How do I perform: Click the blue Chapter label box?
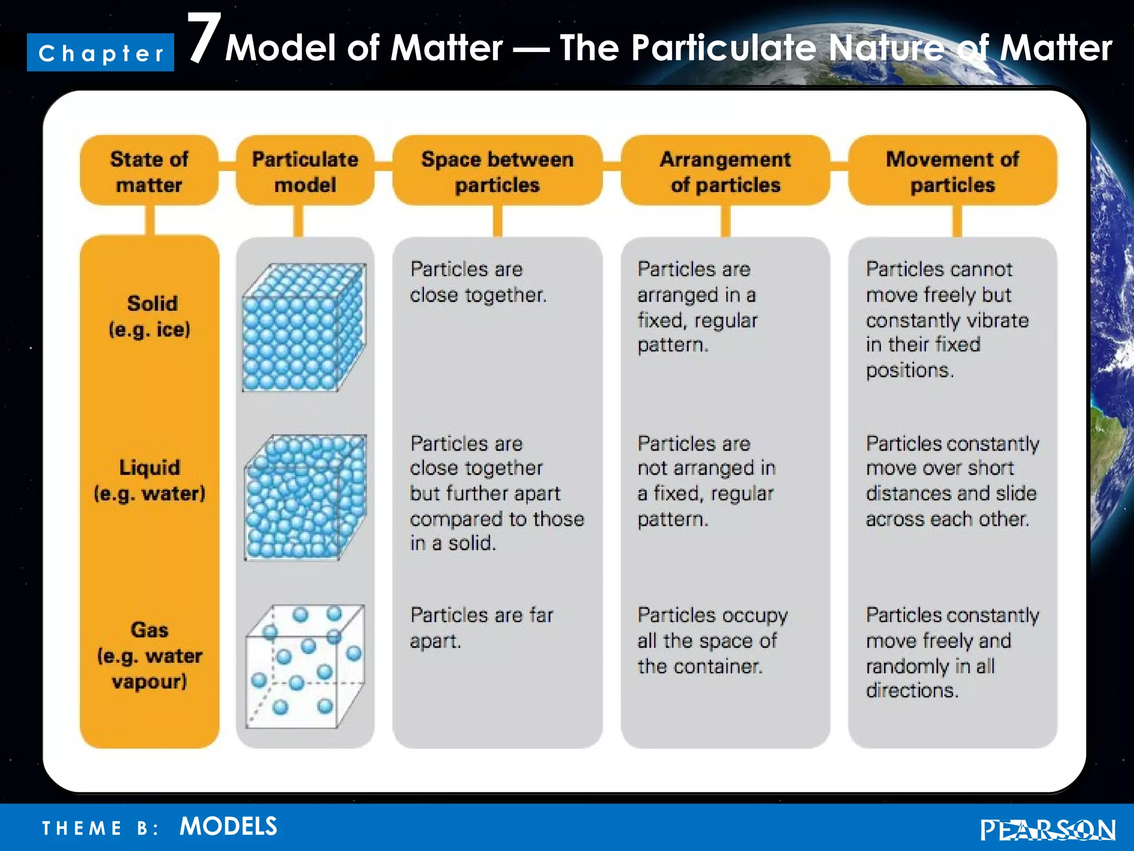pos(100,53)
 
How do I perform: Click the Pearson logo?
pos(1047,830)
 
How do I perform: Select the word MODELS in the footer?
pos(228,826)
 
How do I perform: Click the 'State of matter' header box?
pos(149,171)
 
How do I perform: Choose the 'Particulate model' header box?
pos(305,171)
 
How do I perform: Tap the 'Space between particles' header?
pos(497,171)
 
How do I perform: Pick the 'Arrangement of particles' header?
pos(725,171)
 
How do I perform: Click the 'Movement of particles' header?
pos(952,171)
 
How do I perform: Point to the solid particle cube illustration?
pos(304,328)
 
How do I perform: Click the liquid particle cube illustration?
pos(305,497)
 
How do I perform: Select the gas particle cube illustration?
pos(305,667)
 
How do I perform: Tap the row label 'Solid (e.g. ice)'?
pos(150,316)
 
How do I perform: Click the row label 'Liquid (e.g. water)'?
pos(150,480)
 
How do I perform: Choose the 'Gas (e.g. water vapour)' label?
pos(150,655)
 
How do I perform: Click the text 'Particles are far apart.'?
pos(481,628)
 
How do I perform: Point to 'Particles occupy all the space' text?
pos(712,640)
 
